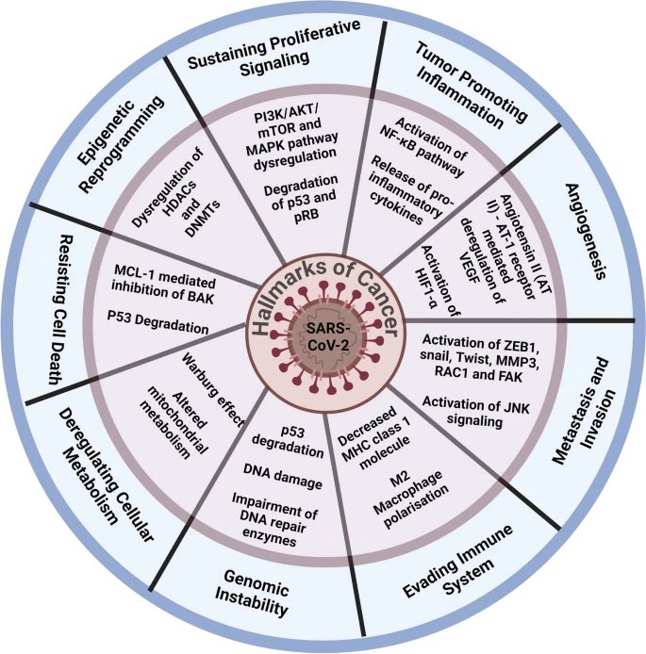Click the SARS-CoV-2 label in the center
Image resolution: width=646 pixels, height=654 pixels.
coord(323,335)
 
